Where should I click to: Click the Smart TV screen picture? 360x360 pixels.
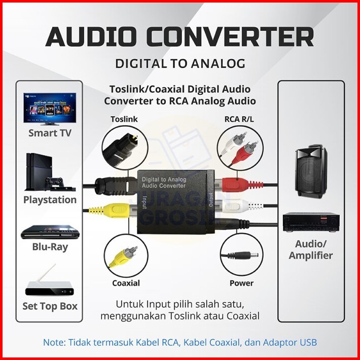(x=50, y=109)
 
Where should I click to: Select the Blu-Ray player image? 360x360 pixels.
(x=50, y=233)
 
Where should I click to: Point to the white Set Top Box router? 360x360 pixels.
(x=50, y=284)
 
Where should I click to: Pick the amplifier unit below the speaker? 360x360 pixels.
(x=310, y=222)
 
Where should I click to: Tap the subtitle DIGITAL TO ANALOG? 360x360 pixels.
(x=180, y=63)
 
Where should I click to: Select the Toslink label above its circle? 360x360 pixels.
(x=124, y=119)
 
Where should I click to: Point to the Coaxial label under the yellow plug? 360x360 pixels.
(x=126, y=282)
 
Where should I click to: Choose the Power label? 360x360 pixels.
(x=241, y=282)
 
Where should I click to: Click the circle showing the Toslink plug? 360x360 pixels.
(x=125, y=148)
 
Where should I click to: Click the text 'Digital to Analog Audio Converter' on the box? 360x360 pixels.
(x=163, y=183)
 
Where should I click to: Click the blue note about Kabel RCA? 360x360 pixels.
(x=180, y=342)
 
